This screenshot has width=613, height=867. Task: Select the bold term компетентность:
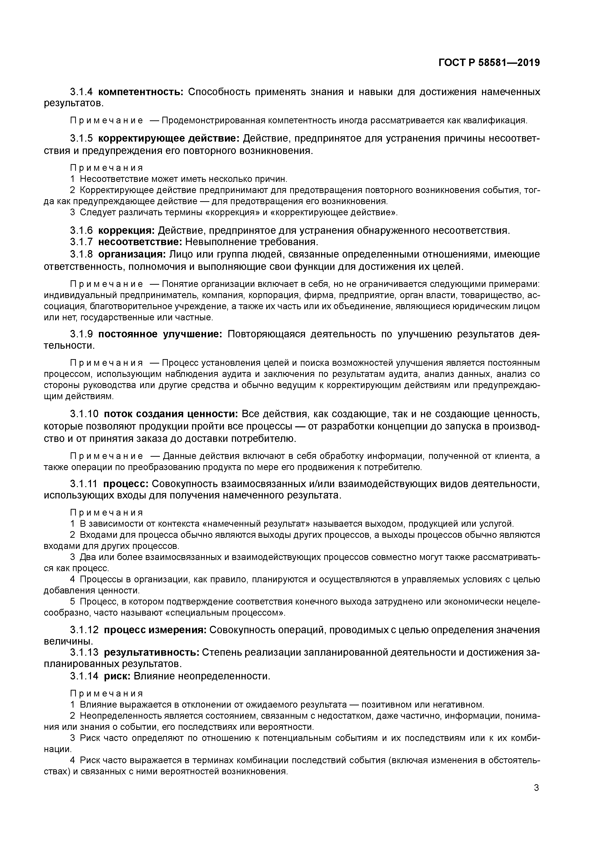pos(140,92)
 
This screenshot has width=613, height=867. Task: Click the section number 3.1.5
pos(81,139)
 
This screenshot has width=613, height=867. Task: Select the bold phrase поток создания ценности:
pos(170,414)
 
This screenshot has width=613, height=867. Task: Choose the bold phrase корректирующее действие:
pos(169,139)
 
